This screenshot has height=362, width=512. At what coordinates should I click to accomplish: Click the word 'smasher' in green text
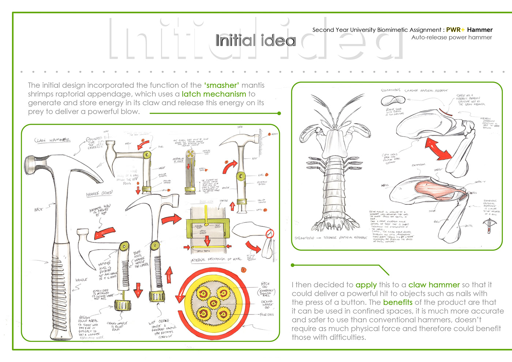click(x=221, y=85)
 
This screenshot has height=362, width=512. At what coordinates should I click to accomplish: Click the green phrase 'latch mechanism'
click(x=214, y=94)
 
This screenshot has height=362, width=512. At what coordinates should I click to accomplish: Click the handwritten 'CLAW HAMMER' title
click(x=52, y=140)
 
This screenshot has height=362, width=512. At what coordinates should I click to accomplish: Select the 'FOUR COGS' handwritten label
click(x=267, y=314)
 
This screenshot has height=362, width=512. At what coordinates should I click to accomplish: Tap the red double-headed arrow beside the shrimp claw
click(x=438, y=150)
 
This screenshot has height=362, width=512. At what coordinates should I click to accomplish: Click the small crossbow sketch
click(x=489, y=225)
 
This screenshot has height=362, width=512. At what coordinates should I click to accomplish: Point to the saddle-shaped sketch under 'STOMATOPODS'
click(x=393, y=101)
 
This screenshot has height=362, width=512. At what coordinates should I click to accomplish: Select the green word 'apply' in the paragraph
click(x=366, y=285)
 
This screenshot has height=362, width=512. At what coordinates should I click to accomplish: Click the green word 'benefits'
click(x=398, y=302)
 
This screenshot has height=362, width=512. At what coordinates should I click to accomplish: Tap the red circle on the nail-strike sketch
click(x=270, y=233)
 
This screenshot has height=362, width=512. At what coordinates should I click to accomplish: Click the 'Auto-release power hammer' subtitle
click(x=451, y=37)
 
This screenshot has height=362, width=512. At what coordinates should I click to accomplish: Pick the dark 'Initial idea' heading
click(x=255, y=40)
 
